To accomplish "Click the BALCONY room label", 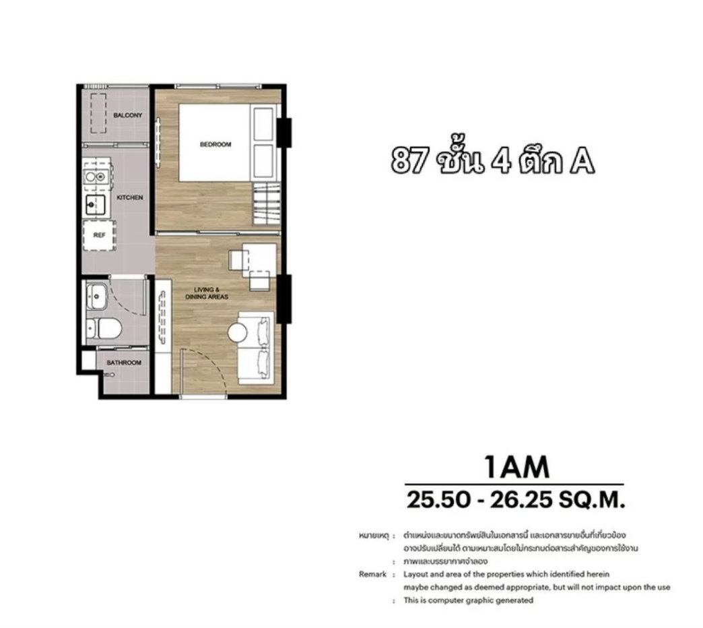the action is [128, 115].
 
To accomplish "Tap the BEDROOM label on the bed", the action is [215, 144].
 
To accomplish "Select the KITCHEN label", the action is [130, 197].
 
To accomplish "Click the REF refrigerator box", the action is [99, 235].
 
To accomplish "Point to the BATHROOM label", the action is [124, 363].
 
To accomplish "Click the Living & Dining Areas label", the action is [207, 293].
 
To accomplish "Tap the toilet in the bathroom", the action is [104, 329].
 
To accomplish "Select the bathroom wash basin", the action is [96, 296].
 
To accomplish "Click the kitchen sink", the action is [96, 205].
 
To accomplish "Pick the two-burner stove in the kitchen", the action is [96, 177].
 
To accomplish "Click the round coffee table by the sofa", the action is [237, 333].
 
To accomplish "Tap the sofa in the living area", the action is [256, 348].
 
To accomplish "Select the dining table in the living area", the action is [259, 261].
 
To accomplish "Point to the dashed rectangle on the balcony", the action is [98, 113].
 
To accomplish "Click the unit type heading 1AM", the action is [516, 467].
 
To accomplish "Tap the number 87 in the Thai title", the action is [409, 161].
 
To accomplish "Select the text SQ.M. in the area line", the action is [592, 500].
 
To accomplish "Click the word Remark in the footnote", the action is [372, 574].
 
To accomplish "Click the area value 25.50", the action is [438, 500].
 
